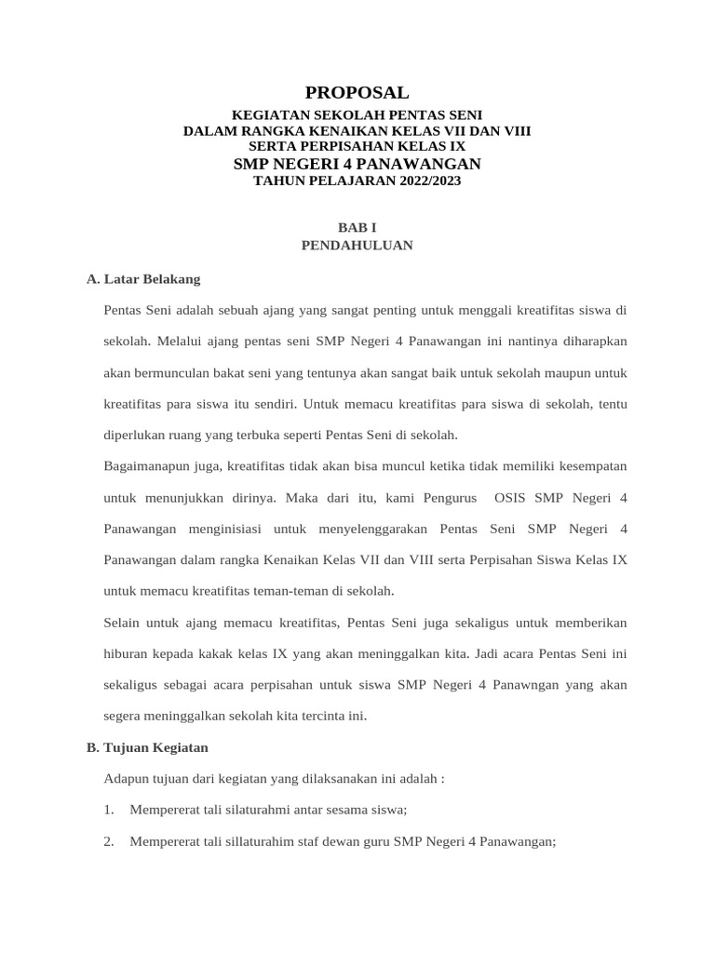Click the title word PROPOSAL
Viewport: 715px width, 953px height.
(x=357, y=92)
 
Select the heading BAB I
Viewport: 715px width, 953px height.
(x=357, y=227)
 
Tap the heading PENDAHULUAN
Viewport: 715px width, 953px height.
(x=357, y=246)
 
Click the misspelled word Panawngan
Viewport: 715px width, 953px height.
(x=509, y=685)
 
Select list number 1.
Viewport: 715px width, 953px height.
(x=109, y=810)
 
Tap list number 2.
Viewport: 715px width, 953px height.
(x=109, y=841)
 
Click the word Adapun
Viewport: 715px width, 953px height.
(x=128, y=778)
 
